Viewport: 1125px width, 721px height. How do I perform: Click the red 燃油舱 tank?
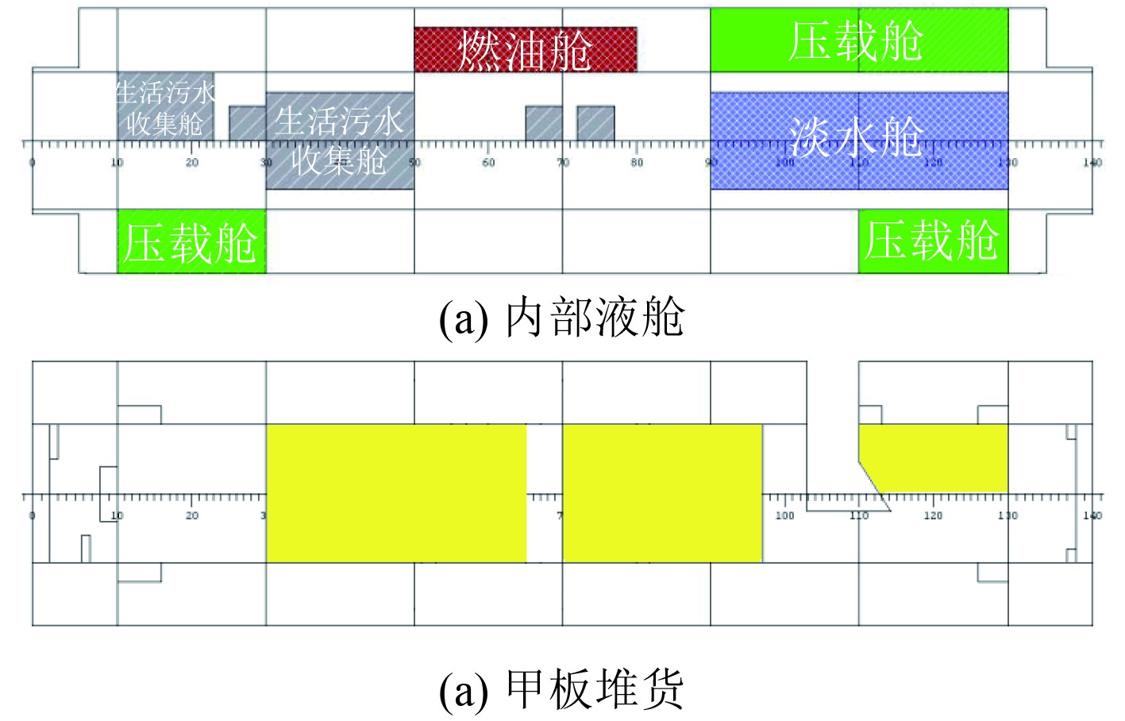(525, 49)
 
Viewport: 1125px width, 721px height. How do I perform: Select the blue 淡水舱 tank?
(858, 141)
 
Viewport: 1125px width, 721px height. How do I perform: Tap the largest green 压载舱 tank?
(858, 40)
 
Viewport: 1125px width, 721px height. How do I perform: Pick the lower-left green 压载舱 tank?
(191, 241)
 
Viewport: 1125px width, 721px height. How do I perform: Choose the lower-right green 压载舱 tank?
(933, 241)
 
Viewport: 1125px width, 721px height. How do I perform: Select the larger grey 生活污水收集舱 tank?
(340, 141)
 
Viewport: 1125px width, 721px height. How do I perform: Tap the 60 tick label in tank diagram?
(488, 163)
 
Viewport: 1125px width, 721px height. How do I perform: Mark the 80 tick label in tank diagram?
(637, 163)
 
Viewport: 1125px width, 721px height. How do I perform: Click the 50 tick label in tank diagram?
(414, 163)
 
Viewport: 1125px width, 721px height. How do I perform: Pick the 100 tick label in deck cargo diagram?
(784, 516)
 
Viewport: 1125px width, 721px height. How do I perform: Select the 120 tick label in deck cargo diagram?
(933, 516)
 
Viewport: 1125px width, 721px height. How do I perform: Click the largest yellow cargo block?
(395, 493)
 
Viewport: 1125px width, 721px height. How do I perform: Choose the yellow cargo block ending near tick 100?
(662, 493)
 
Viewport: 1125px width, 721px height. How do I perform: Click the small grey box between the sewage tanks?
(247, 123)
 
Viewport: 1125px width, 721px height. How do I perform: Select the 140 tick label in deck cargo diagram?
(1092, 516)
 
